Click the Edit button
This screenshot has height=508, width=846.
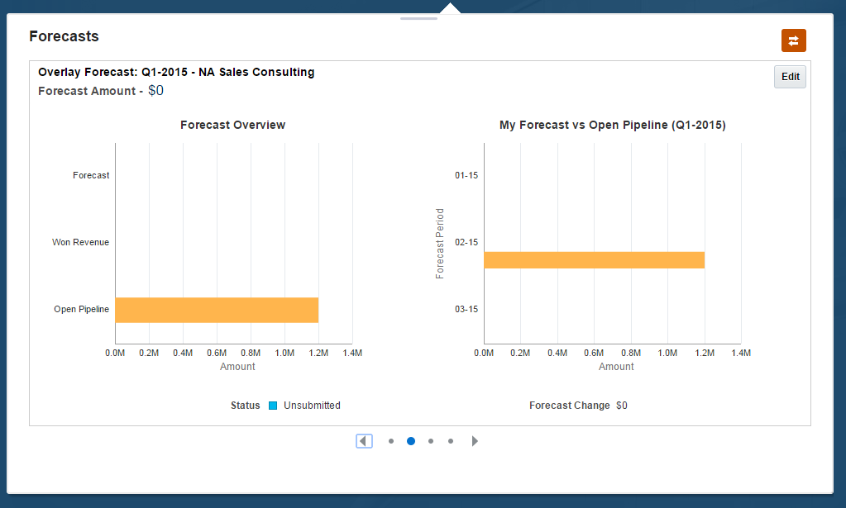[790, 77]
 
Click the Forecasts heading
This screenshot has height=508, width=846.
[64, 36]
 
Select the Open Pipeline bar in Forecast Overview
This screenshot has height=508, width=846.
[217, 310]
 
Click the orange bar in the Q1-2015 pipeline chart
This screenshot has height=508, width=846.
[594, 260]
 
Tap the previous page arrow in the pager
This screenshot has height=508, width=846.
[364, 441]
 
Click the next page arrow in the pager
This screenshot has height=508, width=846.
[475, 441]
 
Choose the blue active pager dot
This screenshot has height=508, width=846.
[411, 441]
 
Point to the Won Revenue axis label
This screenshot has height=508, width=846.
[80, 242]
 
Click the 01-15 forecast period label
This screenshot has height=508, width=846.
[466, 175]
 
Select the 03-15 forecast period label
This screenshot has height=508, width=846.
[466, 309]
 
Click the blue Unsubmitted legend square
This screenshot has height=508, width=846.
[273, 406]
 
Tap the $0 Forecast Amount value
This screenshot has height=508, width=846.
[155, 90]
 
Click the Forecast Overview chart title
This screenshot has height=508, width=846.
[232, 125]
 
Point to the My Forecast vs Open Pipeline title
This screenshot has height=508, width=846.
[612, 125]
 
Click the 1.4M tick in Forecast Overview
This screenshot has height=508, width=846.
[351, 353]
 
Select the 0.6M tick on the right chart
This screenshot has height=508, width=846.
[594, 353]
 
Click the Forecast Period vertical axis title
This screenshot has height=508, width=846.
[440, 243]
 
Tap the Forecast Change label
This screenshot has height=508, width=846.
[569, 406]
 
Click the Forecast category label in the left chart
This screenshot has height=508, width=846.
[91, 175]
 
